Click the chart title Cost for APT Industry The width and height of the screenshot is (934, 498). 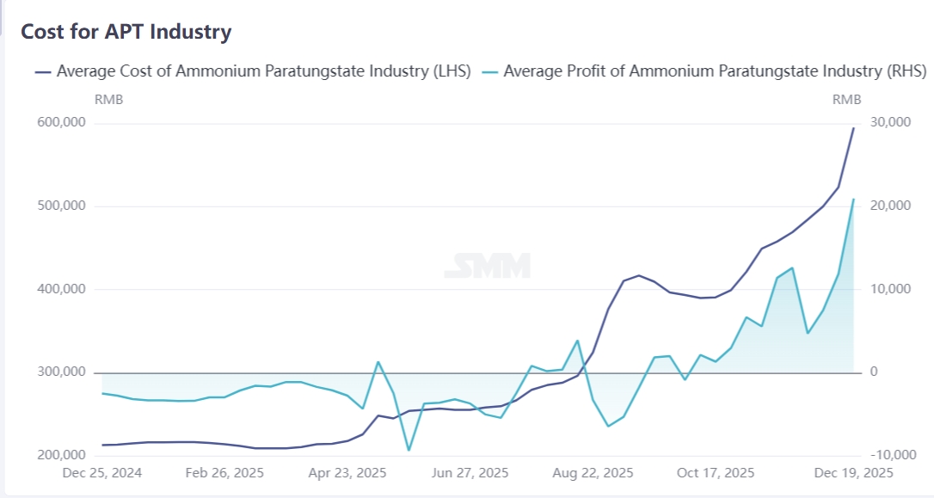click(126, 33)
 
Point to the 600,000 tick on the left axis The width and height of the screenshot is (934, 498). click(62, 123)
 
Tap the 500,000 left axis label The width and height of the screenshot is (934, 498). click(62, 206)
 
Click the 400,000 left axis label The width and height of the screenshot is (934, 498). click(62, 290)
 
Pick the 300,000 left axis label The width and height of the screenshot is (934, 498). click(62, 372)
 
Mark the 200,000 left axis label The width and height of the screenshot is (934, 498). click(62, 456)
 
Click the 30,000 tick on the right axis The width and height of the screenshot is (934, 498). click(890, 123)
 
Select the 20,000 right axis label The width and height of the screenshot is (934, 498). click(890, 206)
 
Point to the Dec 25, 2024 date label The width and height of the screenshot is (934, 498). click(102, 473)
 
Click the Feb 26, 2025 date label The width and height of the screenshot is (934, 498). click(224, 473)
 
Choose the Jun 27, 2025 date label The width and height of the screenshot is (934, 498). click(470, 473)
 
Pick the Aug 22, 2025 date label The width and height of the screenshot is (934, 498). click(593, 473)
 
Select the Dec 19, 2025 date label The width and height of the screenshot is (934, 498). click(852, 473)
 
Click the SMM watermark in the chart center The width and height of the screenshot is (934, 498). click(487, 266)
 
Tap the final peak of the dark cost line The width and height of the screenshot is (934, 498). click(853, 128)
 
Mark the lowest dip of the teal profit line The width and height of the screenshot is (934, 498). click(409, 450)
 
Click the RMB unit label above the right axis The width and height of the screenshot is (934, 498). click(846, 100)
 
